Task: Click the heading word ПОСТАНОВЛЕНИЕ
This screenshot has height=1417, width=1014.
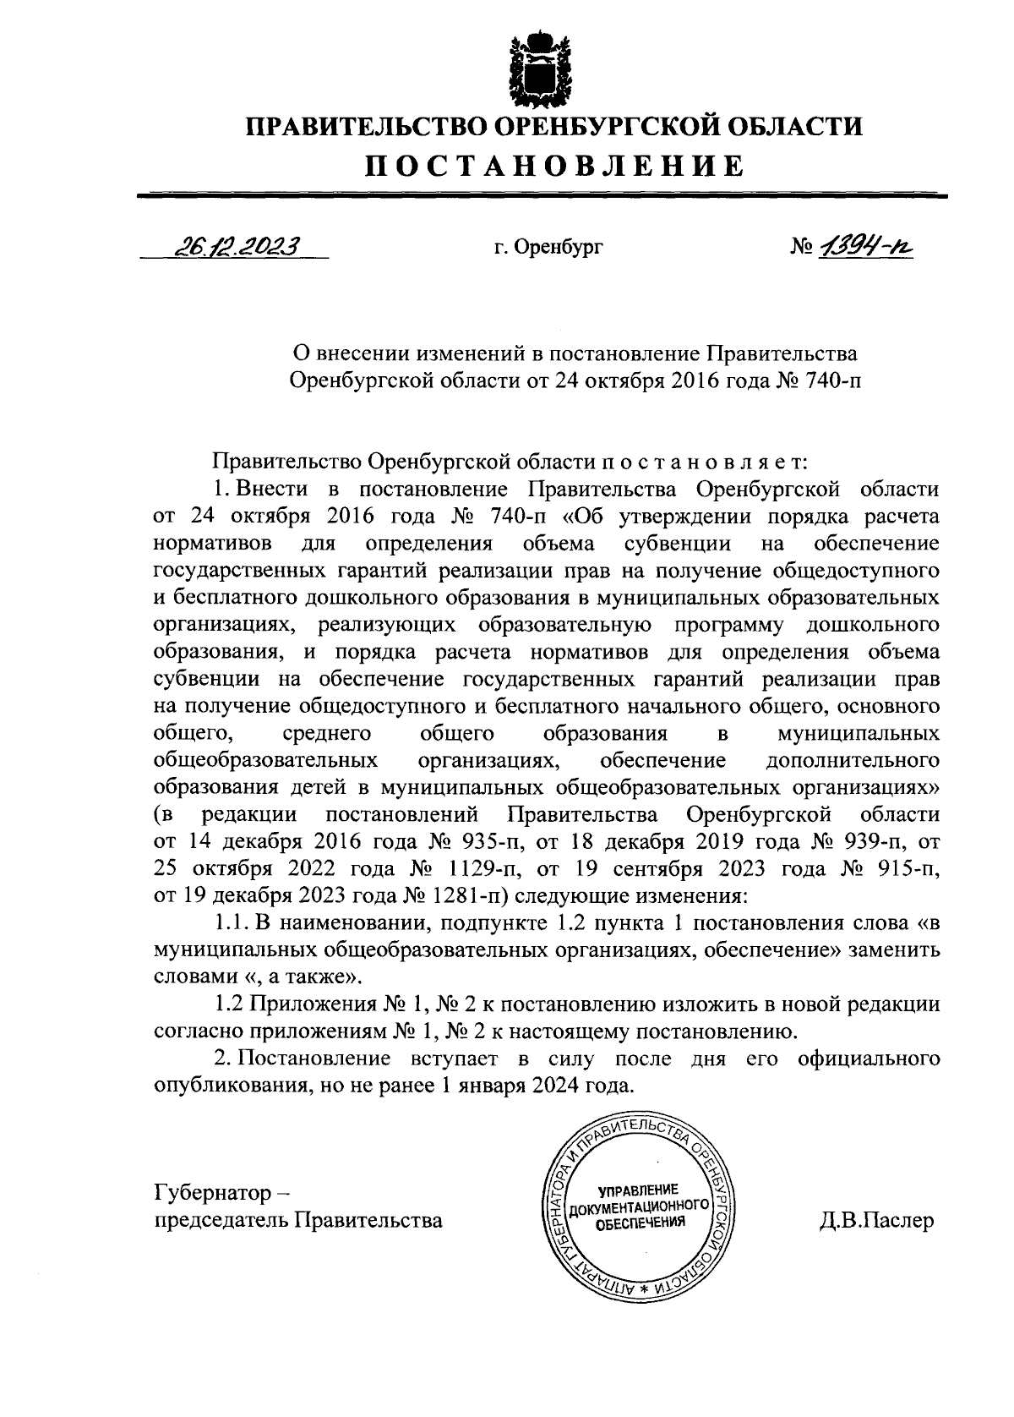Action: (553, 166)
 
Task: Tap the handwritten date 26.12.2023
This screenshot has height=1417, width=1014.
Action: (237, 246)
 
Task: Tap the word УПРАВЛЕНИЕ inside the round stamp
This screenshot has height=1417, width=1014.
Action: (638, 1190)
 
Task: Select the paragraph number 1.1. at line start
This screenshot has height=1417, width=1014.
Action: (232, 923)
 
